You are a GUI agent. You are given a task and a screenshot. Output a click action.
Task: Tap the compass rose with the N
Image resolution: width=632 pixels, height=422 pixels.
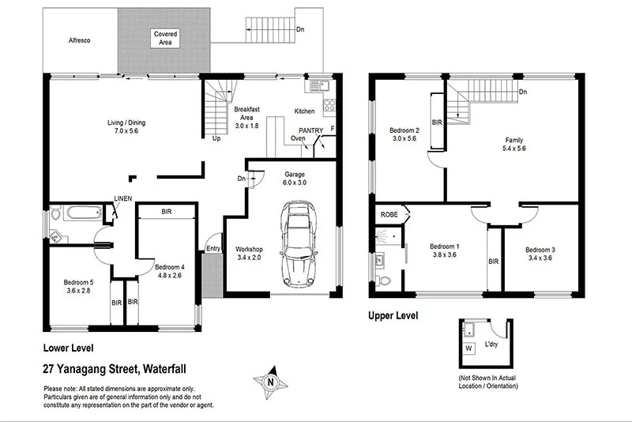coord(270,382)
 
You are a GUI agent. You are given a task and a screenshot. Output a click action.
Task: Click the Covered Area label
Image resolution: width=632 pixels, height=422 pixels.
coord(166,39)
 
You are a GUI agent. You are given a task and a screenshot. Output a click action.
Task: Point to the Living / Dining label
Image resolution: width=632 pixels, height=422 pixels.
coord(126,127)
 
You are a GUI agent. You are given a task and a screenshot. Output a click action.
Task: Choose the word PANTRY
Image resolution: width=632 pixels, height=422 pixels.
coord(310,130)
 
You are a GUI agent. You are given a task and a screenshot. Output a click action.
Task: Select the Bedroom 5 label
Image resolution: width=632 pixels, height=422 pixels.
coord(78,286)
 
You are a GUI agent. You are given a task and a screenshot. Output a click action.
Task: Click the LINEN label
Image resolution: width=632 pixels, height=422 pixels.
coord(122,198)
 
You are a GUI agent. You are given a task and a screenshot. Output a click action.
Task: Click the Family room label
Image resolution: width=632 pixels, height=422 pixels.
coord(513,144)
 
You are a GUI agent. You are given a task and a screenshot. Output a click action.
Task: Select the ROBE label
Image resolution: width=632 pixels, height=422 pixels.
coord(389,214)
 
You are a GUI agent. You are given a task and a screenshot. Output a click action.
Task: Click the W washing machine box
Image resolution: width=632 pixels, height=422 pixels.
coord(468,348)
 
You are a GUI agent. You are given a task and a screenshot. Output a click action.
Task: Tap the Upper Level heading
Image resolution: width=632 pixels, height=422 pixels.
coord(393,316)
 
